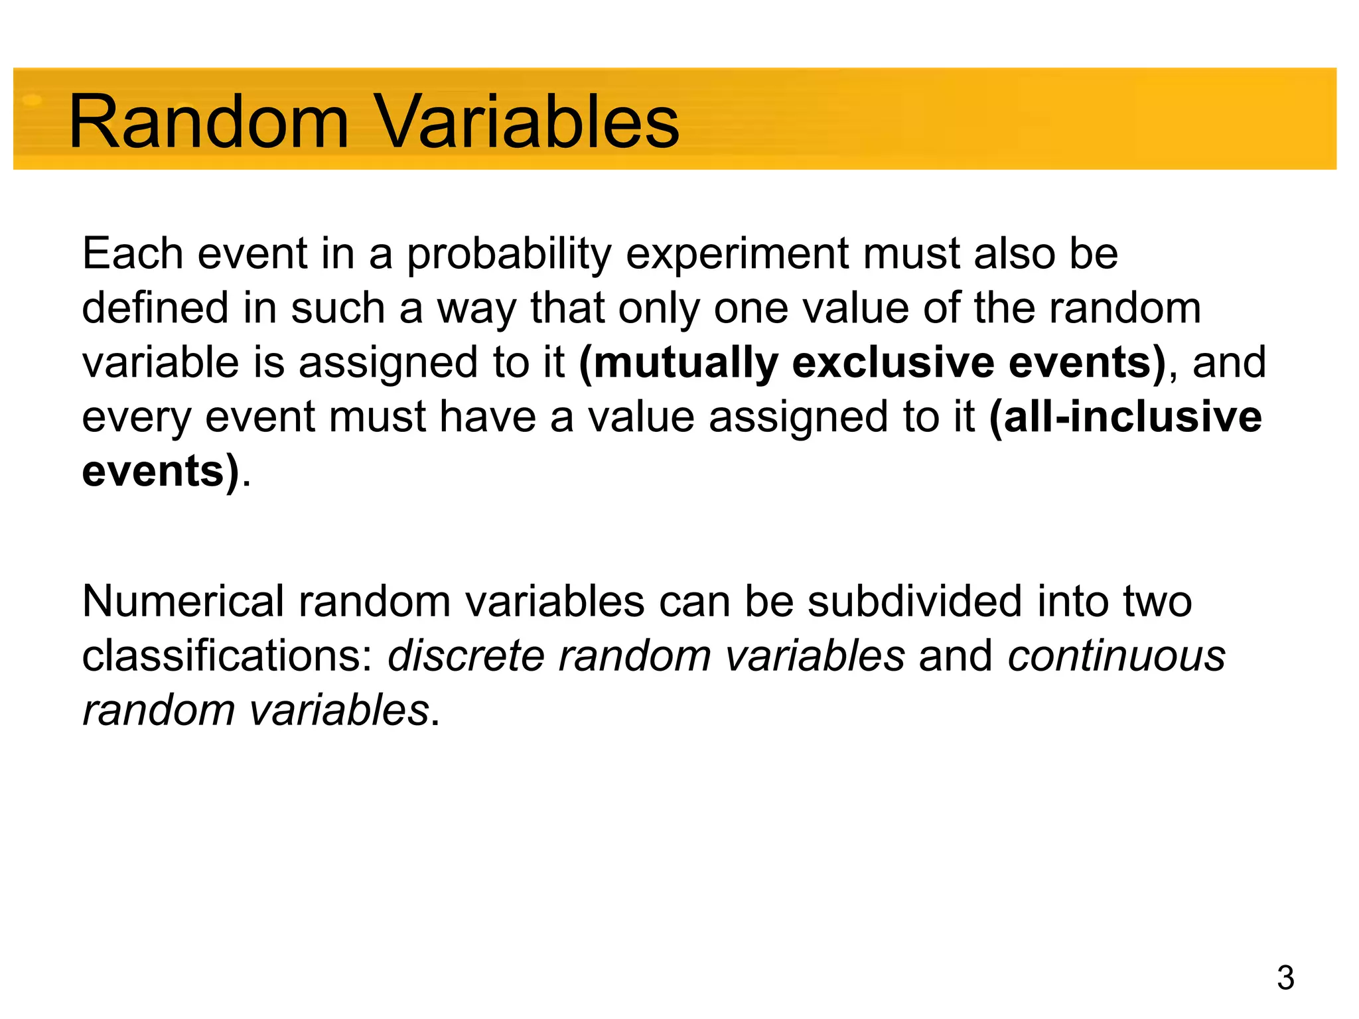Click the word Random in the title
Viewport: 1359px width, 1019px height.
pyautogui.click(x=208, y=122)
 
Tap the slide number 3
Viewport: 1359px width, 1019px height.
pyautogui.click(x=1285, y=978)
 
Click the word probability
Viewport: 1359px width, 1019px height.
pyautogui.click(x=508, y=255)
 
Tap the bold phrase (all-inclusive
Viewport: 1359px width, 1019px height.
pyautogui.click(x=1125, y=417)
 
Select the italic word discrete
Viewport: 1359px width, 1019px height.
pyautogui.click(x=466, y=656)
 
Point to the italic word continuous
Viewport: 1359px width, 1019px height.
pyautogui.click(x=1116, y=656)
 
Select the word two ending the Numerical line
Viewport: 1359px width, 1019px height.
pyautogui.click(x=1157, y=602)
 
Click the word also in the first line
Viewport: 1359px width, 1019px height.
pyautogui.click(x=1015, y=253)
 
